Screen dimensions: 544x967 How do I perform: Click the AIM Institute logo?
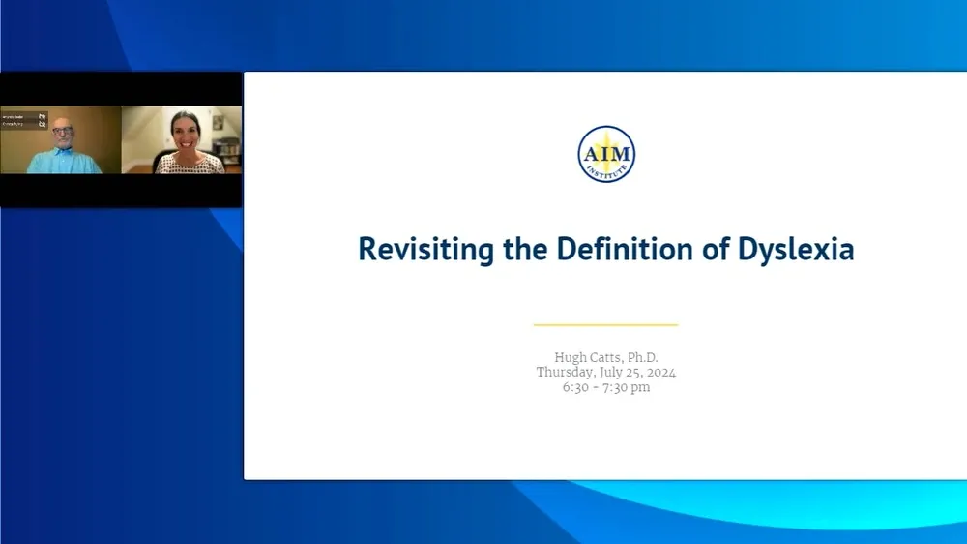coord(605,154)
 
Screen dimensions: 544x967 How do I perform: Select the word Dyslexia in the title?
coord(796,249)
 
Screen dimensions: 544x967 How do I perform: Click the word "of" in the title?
coord(718,249)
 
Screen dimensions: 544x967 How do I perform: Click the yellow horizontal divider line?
coord(605,325)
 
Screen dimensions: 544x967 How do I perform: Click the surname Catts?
coord(610,357)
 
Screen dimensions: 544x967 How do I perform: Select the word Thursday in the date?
coord(568,372)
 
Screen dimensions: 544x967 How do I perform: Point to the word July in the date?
coord(617,372)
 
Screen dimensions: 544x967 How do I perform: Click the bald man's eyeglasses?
coord(63,134)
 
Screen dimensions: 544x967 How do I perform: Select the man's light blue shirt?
coord(63,162)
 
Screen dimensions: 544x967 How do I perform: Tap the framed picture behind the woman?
coord(219,123)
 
